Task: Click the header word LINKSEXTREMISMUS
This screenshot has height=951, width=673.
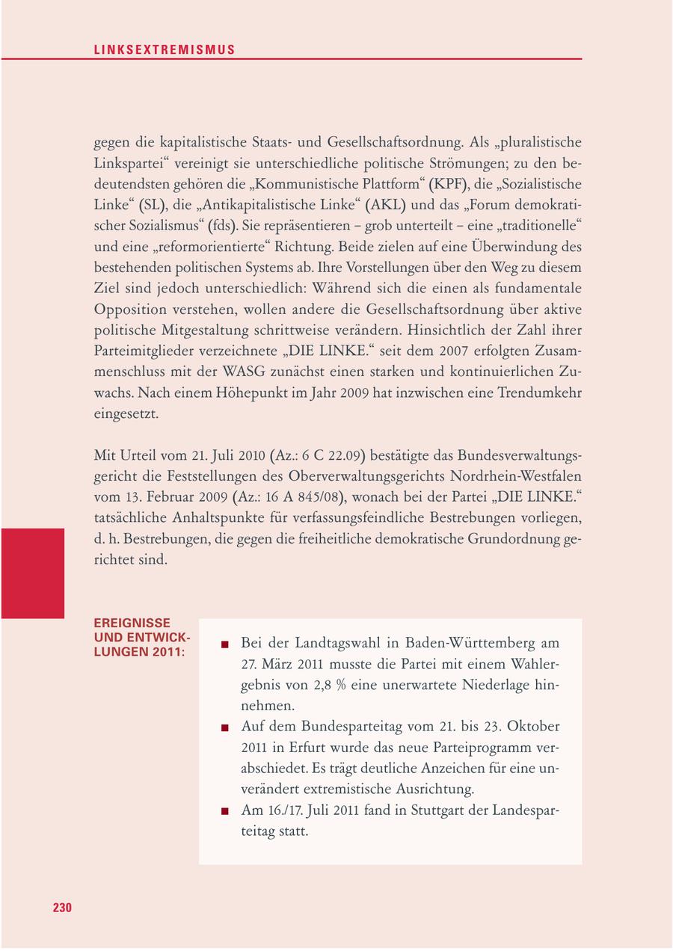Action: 165,50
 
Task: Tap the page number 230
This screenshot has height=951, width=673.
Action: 62,908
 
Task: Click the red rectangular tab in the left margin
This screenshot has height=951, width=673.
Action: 32,573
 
